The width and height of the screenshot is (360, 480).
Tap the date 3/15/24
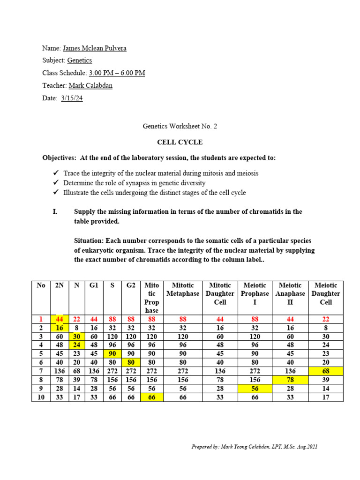(72, 98)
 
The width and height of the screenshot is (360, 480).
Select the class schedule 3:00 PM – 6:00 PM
(117, 73)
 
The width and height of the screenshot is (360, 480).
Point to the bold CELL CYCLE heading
(180, 142)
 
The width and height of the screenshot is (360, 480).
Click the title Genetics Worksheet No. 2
(180, 127)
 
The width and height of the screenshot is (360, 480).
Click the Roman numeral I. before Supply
(55, 212)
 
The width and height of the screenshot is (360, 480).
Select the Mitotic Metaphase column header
(183, 289)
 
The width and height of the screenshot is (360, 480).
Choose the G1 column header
(94, 285)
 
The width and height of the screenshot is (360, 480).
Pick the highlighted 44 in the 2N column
(60, 319)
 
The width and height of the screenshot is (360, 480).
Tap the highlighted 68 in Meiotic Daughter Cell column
(326, 371)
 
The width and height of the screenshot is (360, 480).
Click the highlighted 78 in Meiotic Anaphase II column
(292, 380)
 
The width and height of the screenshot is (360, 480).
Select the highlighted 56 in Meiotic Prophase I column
(255, 389)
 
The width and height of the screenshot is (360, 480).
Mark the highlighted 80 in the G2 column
(131, 362)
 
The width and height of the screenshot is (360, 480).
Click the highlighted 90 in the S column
(112, 354)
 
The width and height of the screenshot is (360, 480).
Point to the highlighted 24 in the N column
(76, 345)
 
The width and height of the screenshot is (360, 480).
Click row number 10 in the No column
(41, 397)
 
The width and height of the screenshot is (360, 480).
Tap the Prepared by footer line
(255, 447)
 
